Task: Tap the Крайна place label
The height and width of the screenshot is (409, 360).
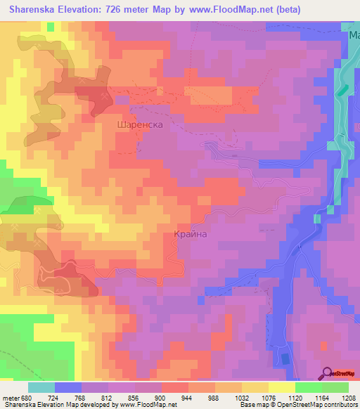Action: coord(190,235)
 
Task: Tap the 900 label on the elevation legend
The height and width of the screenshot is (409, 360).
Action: coord(160,397)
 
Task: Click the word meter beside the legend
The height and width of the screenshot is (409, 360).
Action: coord(12,397)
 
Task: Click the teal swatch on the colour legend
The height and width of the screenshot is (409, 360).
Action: coord(41,387)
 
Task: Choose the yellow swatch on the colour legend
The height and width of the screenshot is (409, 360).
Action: coord(281,387)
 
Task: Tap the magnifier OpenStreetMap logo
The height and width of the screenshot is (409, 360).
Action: coord(328,373)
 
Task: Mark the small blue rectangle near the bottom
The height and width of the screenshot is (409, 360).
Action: coord(285,359)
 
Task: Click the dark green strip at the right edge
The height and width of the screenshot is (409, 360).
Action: coord(342,89)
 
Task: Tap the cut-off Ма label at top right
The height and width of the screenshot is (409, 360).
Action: coord(354,34)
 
